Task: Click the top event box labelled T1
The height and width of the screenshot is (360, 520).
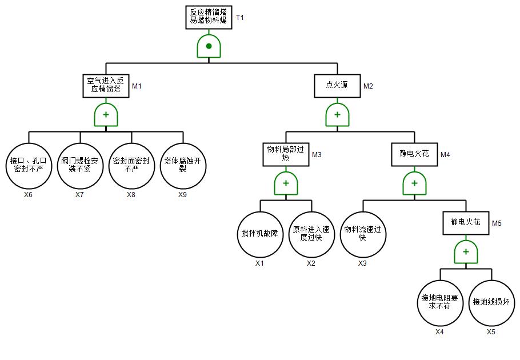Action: (x=209, y=18)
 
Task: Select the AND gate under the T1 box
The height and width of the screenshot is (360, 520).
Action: (x=209, y=46)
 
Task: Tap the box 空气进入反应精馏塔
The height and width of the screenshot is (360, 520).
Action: (x=106, y=86)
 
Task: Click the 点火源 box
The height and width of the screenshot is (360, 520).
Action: (x=337, y=86)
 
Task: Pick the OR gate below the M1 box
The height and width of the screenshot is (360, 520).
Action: (x=106, y=115)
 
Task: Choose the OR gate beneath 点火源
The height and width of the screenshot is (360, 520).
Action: (x=337, y=115)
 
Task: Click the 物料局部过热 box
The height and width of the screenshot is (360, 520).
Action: (x=286, y=154)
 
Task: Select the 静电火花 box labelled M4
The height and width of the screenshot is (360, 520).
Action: (x=414, y=154)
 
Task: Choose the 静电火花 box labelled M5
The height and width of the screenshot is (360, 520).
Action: (x=466, y=223)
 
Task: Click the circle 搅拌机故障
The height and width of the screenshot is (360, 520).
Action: (x=260, y=234)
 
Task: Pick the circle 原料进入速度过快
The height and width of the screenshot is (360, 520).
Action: (x=311, y=234)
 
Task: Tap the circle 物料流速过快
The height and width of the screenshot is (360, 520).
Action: (x=363, y=234)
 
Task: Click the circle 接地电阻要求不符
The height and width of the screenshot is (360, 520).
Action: (x=440, y=303)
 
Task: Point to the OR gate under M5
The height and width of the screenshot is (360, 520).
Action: (x=466, y=252)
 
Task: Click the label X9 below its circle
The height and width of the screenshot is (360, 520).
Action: (x=183, y=195)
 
